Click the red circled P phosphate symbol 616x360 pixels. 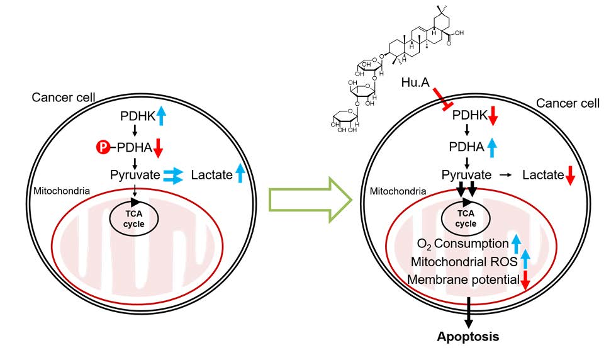[101, 147]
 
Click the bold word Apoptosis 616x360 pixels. [468, 337]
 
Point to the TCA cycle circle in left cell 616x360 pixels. [133, 219]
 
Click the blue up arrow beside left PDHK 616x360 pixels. [161, 116]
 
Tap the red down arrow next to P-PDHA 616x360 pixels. [159, 149]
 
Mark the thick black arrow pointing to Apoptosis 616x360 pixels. [468, 311]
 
